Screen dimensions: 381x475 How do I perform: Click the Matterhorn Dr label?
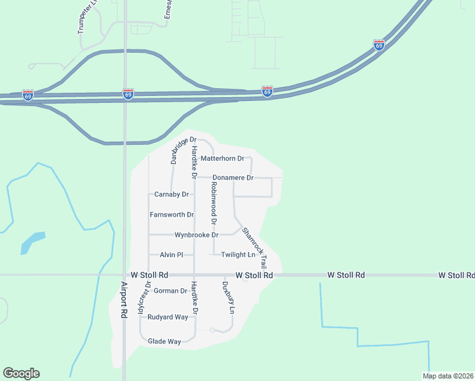pyautogui.click(x=222, y=158)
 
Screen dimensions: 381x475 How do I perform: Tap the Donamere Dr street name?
pyautogui.click(x=233, y=178)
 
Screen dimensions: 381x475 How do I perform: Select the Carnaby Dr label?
pyautogui.click(x=172, y=194)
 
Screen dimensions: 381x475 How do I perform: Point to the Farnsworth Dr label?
pyautogui.click(x=171, y=215)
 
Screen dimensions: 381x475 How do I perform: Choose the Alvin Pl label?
pyautogui.click(x=171, y=255)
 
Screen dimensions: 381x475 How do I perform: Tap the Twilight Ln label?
pyautogui.click(x=238, y=255)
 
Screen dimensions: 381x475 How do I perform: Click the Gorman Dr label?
pyautogui.click(x=170, y=291)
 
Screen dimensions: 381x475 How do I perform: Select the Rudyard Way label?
pyautogui.click(x=168, y=317)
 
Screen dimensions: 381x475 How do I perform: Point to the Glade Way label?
pyautogui.click(x=164, y=342)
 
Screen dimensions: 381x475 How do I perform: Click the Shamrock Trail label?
pyautogui.click(x=254, y=248)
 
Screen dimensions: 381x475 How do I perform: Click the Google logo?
pyautogui.click(x=21, y=373)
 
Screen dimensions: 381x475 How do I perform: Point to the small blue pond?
pyautogui.click(x=32, y=243)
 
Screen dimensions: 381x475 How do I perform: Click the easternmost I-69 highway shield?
pyautogui.click(x=379, y=45)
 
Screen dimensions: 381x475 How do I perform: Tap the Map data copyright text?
pyautogui.click(x=448, y=376)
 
